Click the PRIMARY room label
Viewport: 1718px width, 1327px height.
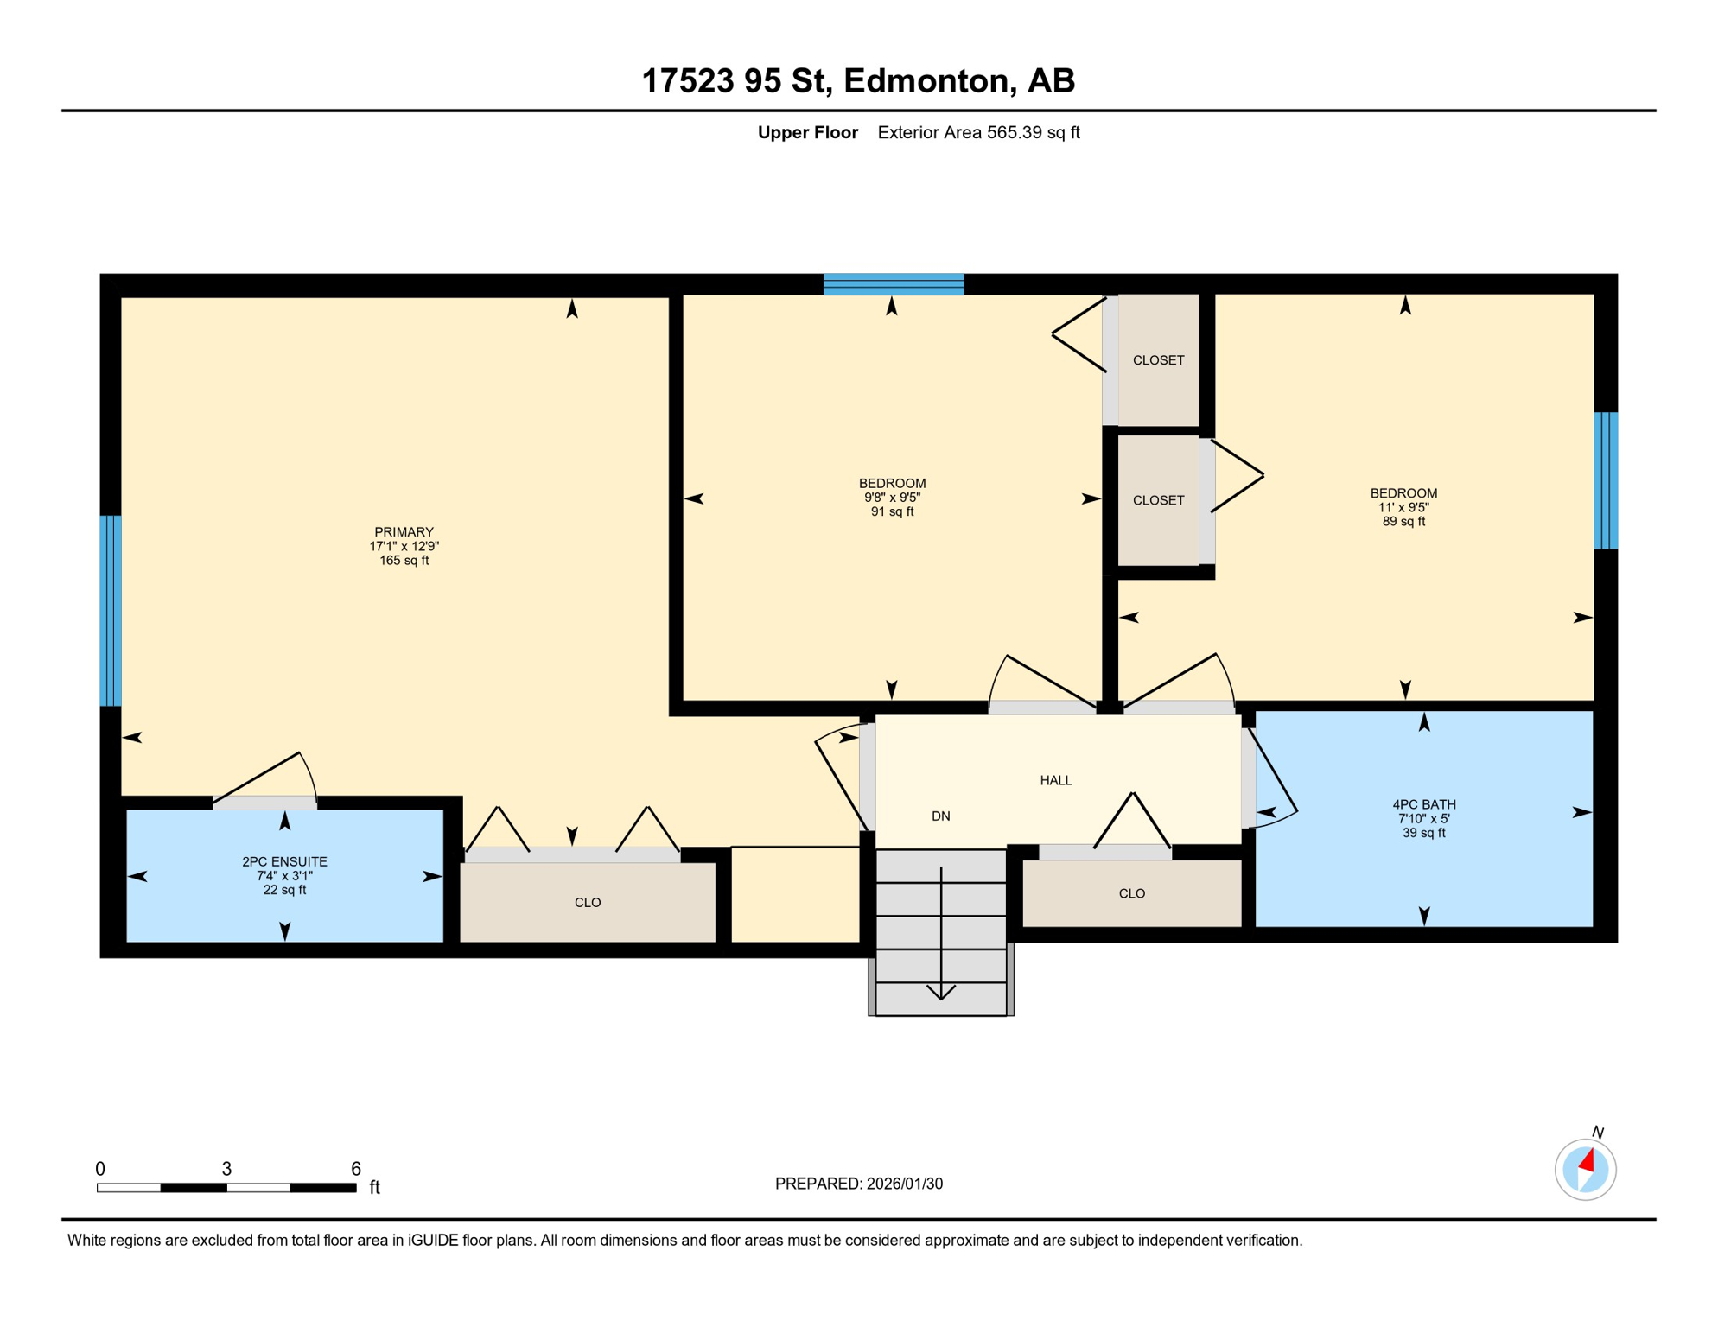[404, 532]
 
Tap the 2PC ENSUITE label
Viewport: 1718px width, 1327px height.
[284, 861]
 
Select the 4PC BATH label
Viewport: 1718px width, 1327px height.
[1423, 804]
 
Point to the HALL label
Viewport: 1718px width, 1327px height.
[1055, 780]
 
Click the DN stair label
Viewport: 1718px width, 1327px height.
[940, 816]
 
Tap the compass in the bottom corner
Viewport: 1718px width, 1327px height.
[1585, 1169]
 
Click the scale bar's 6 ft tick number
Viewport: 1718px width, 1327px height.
[355, 1168]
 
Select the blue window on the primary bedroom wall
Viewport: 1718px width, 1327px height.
[111, 611]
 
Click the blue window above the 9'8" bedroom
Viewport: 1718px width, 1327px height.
[893, 284]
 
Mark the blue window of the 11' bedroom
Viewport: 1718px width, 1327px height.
[1605, 480]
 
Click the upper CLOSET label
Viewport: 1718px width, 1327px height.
[1158, 360]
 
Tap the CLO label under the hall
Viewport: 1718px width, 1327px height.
[1131, 893]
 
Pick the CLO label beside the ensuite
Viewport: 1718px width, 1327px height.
[588, 902]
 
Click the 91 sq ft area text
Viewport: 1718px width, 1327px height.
[892, 511]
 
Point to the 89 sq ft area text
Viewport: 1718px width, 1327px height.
[1403, 522]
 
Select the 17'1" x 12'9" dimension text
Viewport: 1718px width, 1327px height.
[404, 546]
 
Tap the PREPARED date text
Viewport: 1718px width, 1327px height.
[858, 1184]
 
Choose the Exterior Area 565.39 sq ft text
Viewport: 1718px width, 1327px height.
[978, 132]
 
